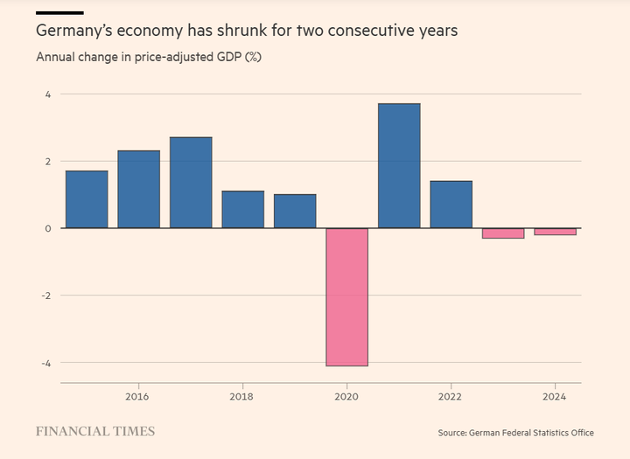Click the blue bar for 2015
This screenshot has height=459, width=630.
(x=87, y=199)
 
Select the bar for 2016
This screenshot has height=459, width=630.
(x=139, y=190)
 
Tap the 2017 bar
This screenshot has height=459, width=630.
(x=191, y=183)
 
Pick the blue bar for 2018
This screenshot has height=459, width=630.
(x=242, y=210)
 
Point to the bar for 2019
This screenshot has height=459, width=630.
(x=295, y=212)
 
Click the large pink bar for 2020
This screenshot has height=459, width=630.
(x=346, y=297)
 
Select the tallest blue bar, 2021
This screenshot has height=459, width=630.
(x=399, y=166)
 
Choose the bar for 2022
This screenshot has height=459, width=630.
(x=451, y=205)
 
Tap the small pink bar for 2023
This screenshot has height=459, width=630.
(x=503, y=233)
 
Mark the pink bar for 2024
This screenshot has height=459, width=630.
(x=555, y=232)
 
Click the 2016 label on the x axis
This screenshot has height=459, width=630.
(x=138, y=397)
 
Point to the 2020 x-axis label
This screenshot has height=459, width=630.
(x=346, y=397)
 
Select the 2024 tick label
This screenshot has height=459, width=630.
(x=555, y=397)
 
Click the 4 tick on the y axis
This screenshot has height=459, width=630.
(x=49, y=94)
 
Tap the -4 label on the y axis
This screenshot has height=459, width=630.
(x=47, y=363)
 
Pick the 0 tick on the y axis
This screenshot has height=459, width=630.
(x=49, y=228)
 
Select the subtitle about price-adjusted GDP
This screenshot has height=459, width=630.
(x=149, y=58)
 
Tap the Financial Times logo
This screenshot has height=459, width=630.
(x=95, y=431)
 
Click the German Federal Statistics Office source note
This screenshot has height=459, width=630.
(x=516, y=433)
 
